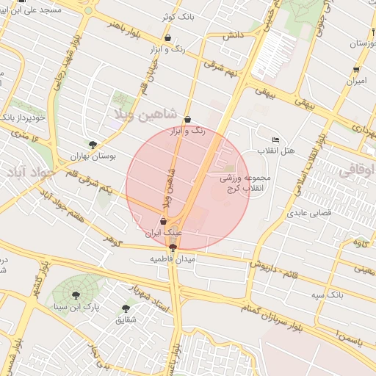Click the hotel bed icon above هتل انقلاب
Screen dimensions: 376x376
(276, 140)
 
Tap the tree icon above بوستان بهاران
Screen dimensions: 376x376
(92, 145)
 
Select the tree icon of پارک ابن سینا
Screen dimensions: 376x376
(76, 295)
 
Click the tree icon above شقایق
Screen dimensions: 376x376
(126, 308)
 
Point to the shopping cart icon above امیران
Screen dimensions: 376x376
(356, 70)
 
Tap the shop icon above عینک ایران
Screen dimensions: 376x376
(163, 221)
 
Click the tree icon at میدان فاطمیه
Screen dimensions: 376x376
(173, 247)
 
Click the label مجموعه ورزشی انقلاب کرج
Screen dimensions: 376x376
(247, 184)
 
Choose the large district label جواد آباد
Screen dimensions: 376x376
(30, 173)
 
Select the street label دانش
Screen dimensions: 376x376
(233, 35)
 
